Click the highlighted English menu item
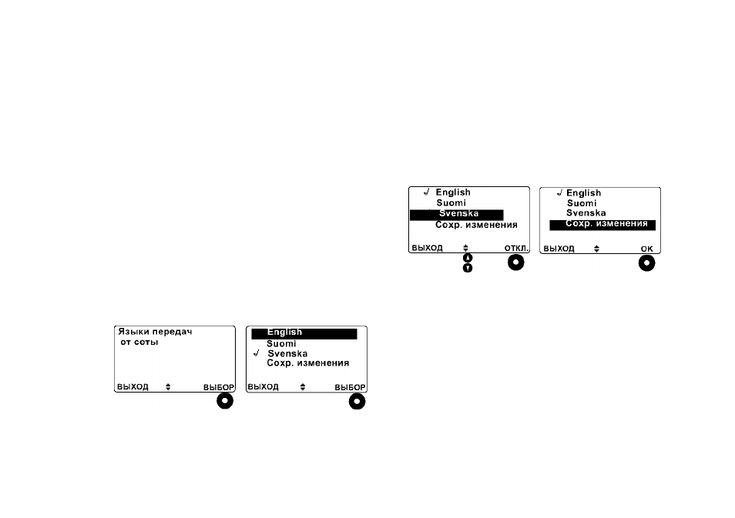click(304, 333)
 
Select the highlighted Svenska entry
click(457, 215)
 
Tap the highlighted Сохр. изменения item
click(602, 225)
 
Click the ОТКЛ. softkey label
click(516, 249)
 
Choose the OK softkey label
click(647, 249)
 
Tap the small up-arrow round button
click(468, 258)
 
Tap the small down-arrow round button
click(468, 268)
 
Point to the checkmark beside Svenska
click(256, 353)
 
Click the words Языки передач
click(155, 332)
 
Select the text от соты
click(139, 342)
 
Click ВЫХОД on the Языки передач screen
click(133, 387)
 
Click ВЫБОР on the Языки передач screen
click(219, 387)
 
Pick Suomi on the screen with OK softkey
click(582, 203)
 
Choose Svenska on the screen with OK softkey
click(586, 212)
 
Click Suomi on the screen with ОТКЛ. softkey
click(451, 202)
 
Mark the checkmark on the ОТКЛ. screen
click(426, 192)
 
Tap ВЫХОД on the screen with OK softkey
click(559, 249)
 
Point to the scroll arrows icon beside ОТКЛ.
click(465, 248)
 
